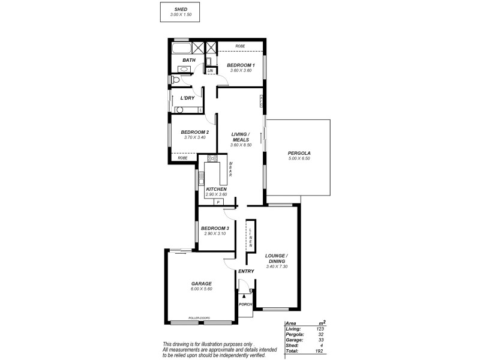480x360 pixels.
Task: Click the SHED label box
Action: pos(181,13)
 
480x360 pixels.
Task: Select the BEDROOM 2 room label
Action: pos(194,132)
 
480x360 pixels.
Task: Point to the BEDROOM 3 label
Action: pos(215,228)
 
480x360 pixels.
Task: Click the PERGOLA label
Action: pos(298,153)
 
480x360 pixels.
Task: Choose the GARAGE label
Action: pos(201,284)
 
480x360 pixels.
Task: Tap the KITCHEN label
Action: pos(215,189)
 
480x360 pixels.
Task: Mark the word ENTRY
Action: pos(246,271)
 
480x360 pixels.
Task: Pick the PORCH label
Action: pos(245,304)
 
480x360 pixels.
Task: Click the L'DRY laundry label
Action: pos(187,98)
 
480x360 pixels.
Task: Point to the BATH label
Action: pos(189,60)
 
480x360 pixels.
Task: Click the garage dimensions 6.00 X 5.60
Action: pos(201,289)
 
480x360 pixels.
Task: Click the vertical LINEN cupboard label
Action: pos(251,238)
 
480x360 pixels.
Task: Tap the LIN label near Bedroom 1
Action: pos(210,71)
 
